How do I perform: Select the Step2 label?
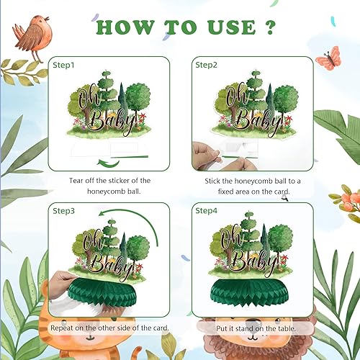pos(206,64)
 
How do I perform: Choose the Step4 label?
pos(206,210)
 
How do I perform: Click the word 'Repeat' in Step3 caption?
pos(63,327)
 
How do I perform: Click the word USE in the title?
pos(230,27)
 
